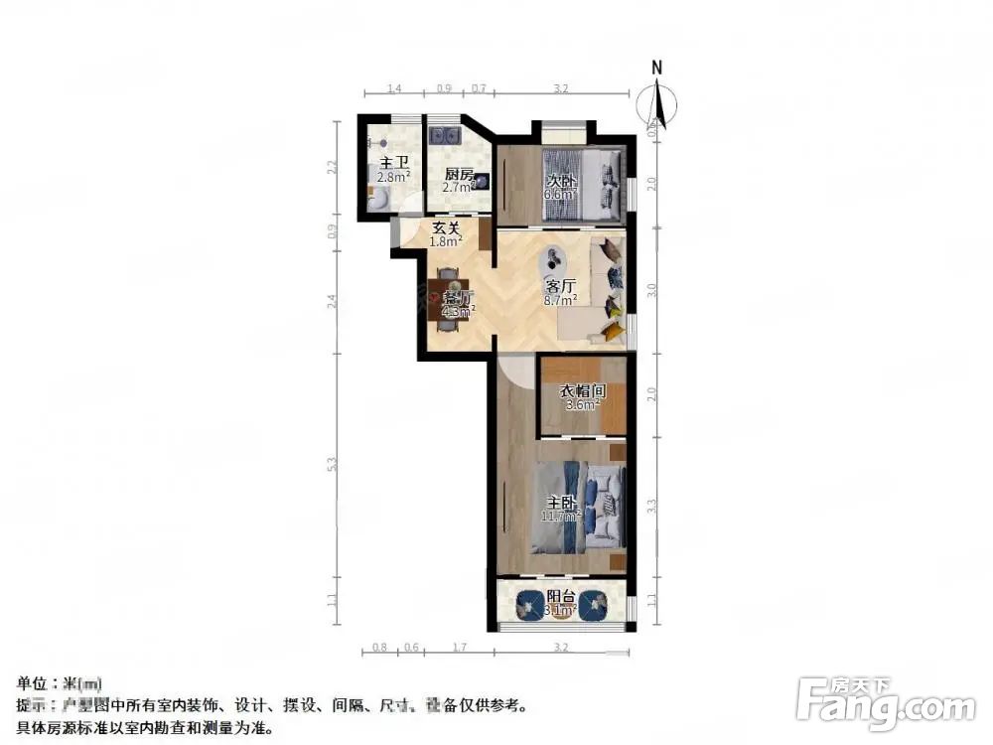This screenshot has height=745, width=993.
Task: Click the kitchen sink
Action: coord(443,134)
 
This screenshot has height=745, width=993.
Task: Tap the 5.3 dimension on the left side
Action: coord(333,463)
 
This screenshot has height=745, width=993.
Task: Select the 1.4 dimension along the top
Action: coord(394,88)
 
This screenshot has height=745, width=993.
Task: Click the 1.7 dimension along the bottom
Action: coord(459,648)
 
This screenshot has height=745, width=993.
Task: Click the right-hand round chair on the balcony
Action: coord(595,604)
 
